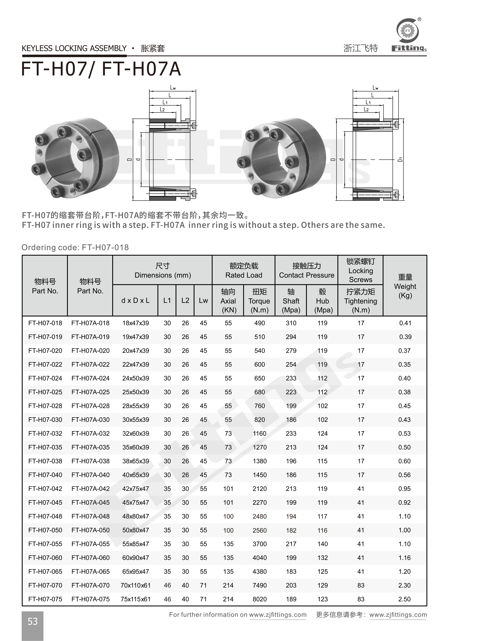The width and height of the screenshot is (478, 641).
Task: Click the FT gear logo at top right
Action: point(407,31)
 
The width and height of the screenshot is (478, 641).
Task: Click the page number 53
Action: point(32,621)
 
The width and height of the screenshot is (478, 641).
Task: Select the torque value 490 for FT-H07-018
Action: point(260,323)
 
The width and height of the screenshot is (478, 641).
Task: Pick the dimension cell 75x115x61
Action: point(135,599)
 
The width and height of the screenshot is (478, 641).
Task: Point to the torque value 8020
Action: point(260,599)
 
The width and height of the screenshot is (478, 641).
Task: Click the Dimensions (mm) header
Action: point(163,271)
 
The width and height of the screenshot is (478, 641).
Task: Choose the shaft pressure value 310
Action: point(291,323)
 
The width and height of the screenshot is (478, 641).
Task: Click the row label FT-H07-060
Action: point(45,558)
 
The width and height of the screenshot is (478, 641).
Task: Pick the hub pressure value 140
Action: point(322,544)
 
